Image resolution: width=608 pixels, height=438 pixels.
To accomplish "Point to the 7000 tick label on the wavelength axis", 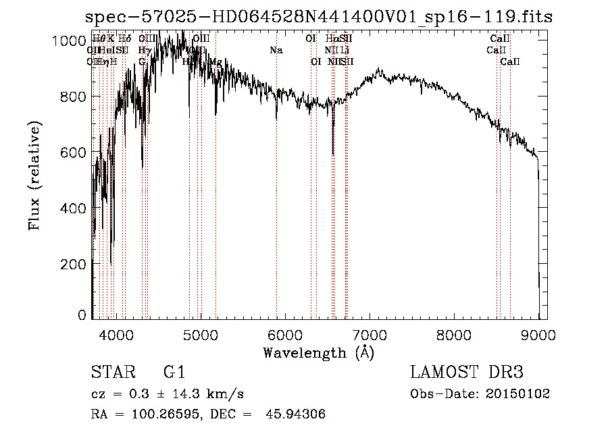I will coord(370,334).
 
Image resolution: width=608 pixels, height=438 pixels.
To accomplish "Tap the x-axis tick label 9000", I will coord(538,334).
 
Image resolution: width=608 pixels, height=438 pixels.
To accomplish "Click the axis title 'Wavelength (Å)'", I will coord(318,352).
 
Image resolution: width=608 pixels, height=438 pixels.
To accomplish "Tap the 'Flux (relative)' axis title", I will coord(34,175).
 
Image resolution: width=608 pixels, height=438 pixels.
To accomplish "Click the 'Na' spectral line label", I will coord(276,51).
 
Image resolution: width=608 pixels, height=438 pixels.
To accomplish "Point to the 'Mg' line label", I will coord(216,62).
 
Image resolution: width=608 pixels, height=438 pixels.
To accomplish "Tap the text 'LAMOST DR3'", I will coord(467,373).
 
